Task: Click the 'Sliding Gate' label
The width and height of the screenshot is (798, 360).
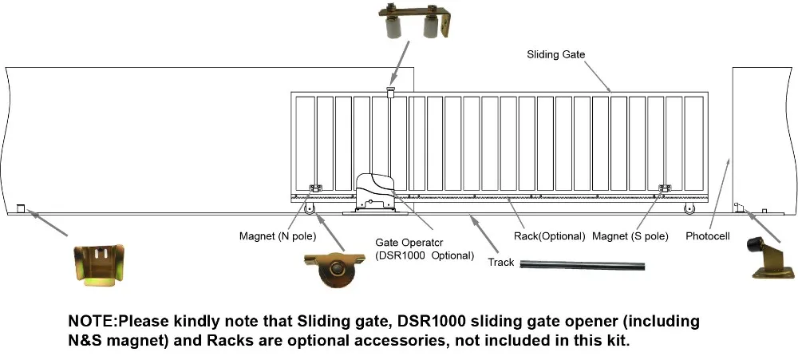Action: pos(555,54)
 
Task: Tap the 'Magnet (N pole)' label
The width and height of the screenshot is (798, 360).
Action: pos(278,236)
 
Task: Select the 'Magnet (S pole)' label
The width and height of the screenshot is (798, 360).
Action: pos(630,236)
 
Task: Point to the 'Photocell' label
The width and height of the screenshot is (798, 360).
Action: pos(707,236)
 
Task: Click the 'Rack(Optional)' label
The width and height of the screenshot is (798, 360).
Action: pos(550,236)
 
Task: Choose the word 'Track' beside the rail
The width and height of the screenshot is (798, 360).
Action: pos(501,263)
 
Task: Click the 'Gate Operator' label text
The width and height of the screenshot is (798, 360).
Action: pos(409,243)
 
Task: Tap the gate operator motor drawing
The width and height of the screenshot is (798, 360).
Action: pos(375,192)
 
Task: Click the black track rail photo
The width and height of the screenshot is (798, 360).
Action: pos(583,265)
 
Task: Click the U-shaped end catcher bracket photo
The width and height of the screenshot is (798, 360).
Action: pos(99,263)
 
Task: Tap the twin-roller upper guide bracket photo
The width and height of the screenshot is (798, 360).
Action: pos(415,21)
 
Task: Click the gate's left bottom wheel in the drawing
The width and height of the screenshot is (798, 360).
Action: pos(309,209)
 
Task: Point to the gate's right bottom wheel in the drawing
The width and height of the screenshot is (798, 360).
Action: pos(689,209)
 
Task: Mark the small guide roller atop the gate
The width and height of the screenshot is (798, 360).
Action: pos(391,92)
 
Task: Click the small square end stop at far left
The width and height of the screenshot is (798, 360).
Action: pos(21,208)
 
